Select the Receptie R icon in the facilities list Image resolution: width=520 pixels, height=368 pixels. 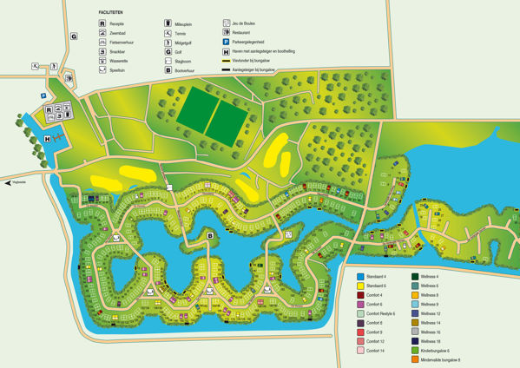coord(103,23)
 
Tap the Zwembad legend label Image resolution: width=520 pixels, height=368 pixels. coord(121,33)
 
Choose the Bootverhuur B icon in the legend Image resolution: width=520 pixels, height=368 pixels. coord(166,70)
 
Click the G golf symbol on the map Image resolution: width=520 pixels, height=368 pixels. coord(74,36)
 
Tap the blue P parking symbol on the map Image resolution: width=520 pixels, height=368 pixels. coord(42,96)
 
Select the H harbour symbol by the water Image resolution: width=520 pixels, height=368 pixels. coord(47,138)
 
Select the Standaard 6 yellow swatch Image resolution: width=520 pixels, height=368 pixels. coord(361,286)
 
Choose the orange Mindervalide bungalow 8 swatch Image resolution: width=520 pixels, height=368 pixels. coord(416,359)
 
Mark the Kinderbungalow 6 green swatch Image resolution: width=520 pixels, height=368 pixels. coord(416,351)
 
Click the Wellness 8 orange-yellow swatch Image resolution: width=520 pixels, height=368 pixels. coord(416,295)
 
